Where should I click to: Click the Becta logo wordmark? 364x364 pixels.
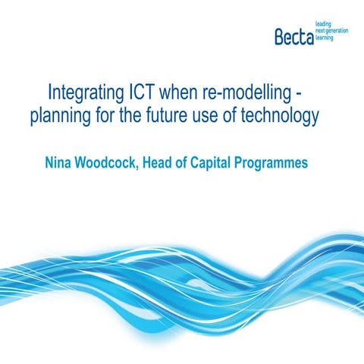(294, 37)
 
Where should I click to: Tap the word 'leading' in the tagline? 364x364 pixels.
(323, 24)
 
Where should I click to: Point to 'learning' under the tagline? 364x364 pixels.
(325, 38)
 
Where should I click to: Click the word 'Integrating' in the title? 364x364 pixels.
(86, 93)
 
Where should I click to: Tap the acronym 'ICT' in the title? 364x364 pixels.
(142, 92)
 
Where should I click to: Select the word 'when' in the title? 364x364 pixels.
(178, 92)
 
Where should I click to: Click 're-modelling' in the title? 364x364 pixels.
(247, 93)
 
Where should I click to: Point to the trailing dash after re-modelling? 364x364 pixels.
(299, 94)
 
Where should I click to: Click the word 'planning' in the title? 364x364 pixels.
(61, 116)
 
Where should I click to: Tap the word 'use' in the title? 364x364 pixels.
(206, 117)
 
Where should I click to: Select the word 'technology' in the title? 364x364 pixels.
(280, 116)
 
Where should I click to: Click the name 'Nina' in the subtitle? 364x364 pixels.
(58, 162)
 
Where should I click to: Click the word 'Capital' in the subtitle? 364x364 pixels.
(210, 164)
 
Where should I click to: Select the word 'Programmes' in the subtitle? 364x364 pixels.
(271, 164)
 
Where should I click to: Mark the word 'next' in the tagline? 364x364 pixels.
(320, 31)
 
